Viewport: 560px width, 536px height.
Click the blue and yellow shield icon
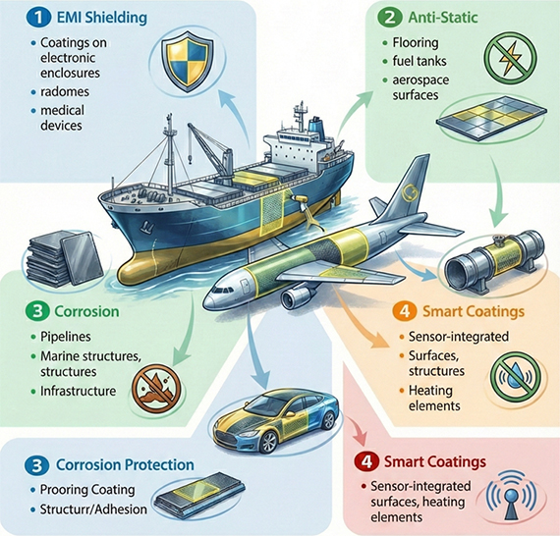coord(187,61)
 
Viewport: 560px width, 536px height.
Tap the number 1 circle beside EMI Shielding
coord(38,18)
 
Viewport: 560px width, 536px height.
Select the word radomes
coord(65,91)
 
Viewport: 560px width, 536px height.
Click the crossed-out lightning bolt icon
coord(510,56)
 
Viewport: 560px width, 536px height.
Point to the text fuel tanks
coord(420,61)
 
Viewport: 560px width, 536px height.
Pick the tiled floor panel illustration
coord(492,117)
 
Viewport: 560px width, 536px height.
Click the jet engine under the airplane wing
coord(298,297)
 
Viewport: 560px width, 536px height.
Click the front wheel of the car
coord(268,442)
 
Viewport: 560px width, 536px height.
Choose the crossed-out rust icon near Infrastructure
coord(156,389)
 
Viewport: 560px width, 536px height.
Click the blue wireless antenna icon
coord(512,496)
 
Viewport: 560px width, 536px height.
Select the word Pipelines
coord(66,337)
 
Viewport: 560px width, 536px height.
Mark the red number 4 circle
coord(366,462)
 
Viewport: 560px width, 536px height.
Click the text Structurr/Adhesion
coord(93,509)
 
